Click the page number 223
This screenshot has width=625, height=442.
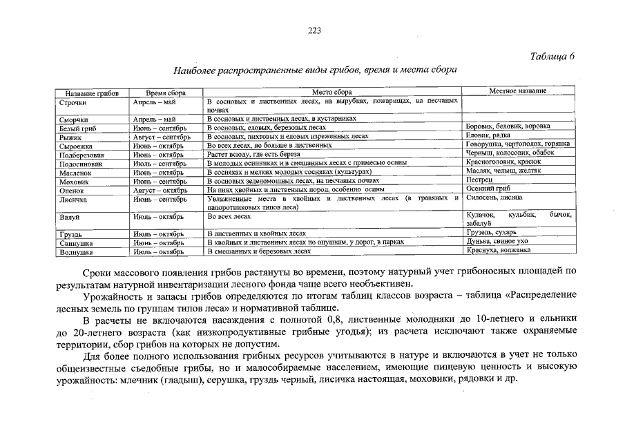pyautogui.click(x=312, y=30)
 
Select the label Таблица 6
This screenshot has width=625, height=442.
pyautogui.click(x=553, y=56)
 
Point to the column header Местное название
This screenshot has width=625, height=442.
pyautogui.click(x=518, y=91)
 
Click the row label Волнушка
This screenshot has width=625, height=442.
pyautogui.click(x=77, y=253)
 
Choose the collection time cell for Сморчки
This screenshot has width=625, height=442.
pyautogui.click(x=155, y=119)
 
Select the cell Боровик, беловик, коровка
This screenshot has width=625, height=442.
pyautogui.click(x=508, y=126)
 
